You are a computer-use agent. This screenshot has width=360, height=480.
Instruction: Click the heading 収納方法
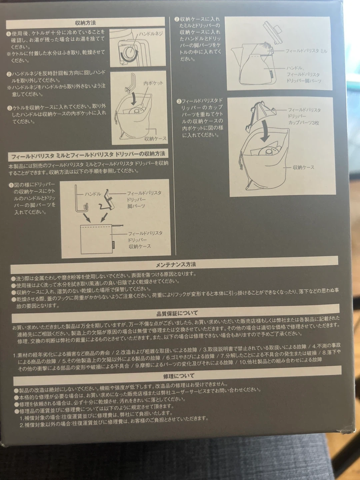click(85, 23)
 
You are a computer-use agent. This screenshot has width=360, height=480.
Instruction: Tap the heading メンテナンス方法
click(176, 265)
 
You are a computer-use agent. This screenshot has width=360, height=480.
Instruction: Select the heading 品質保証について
click(177, 313)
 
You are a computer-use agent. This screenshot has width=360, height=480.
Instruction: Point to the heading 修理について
click(179, 376)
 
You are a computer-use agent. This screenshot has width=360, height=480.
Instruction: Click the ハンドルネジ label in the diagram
click(151, 34)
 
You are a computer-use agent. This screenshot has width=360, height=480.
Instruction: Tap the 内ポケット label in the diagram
click(153, 83)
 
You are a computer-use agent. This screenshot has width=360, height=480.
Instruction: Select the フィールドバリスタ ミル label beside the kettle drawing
click(306, 51)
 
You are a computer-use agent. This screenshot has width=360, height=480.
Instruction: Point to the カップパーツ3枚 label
click(303, 123)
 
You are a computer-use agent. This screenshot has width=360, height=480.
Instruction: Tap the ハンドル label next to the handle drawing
click(93, 194)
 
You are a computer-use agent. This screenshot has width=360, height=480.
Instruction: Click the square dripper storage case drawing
click(96, 239)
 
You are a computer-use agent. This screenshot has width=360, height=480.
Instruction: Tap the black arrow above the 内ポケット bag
click(134, 99)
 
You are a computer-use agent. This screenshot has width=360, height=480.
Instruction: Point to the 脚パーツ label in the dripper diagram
click(136, 206)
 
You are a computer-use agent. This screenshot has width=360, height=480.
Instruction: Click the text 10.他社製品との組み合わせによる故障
click(281, 360)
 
